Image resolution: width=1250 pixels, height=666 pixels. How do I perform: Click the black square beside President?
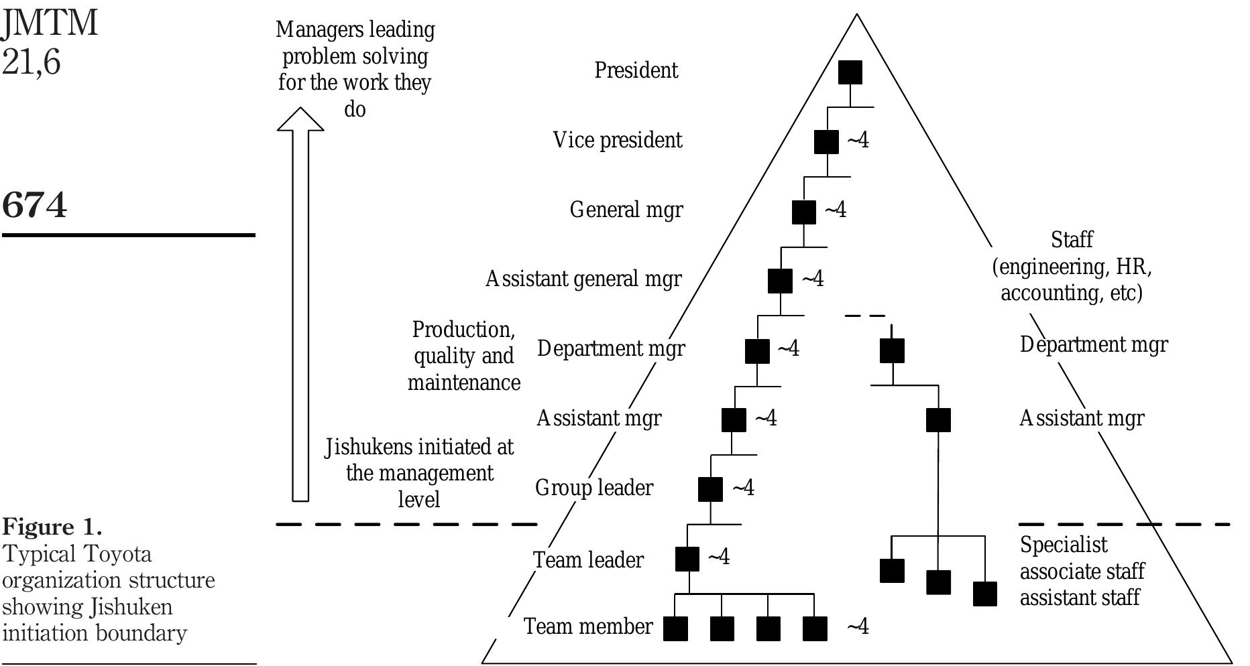[x=850, y=72]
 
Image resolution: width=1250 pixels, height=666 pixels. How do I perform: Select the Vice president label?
[x=617, y=140]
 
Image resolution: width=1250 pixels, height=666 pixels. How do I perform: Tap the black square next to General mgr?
[x=804, y=212]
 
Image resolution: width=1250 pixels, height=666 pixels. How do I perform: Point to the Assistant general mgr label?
[x=583, y=279]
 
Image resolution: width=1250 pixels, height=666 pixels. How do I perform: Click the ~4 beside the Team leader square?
[x=719, y=557]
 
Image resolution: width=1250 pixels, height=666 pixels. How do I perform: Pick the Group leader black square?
[x=710, y=489]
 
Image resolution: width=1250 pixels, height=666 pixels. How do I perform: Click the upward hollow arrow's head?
[x=300, y=120]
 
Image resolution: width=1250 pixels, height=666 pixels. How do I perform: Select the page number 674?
[x=35, y=204]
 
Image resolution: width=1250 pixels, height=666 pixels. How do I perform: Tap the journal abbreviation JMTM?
[x=50, y=23]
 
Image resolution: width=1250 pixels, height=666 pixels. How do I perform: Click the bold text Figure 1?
[x=52, y=527]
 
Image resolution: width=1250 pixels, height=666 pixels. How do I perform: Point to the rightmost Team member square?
[x=815, y=628]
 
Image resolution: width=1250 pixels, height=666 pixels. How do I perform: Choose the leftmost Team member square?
[x=675, y=628]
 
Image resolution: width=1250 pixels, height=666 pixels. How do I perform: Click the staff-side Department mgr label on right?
[x=1094, y=344]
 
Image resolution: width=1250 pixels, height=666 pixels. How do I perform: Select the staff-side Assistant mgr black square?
[x=938, y=420]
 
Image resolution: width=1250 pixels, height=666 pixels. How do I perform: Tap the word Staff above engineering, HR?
[x=1072, y=239]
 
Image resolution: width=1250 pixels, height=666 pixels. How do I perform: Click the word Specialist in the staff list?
[x=1064, y=545]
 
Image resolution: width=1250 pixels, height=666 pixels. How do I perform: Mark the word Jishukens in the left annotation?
[x=368, y=447]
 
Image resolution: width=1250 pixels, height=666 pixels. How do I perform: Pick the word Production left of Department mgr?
[x=463, y=330]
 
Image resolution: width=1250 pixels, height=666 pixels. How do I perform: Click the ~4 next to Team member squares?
[x=858, y=626]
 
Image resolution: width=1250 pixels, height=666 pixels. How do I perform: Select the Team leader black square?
[x=687, y=559]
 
